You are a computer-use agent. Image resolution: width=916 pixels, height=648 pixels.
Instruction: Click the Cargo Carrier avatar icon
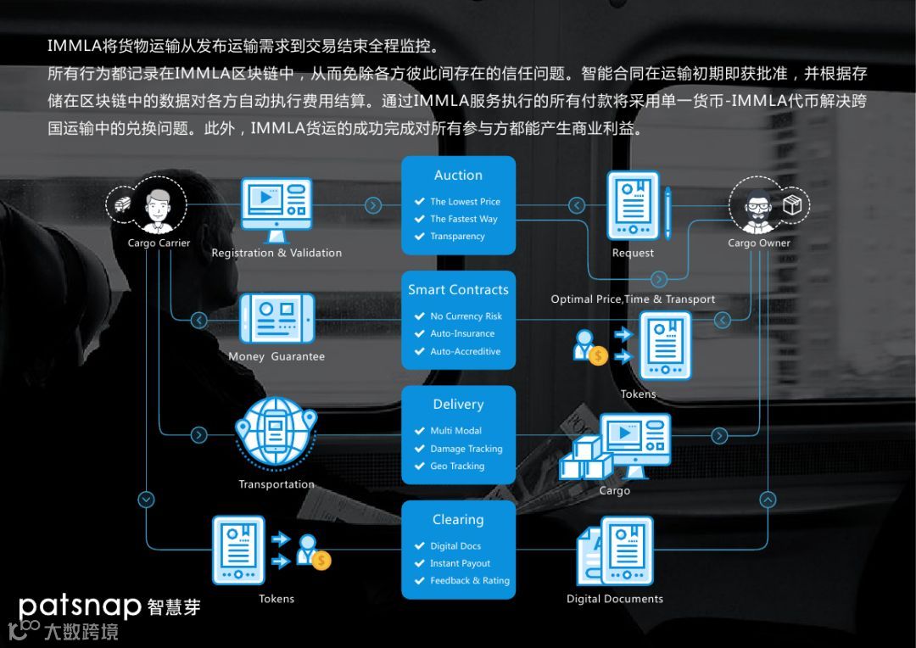(158, 205)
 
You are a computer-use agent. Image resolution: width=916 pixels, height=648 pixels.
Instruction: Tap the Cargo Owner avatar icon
(758, 205)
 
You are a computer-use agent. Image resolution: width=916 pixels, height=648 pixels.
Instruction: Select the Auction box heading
(458, 176)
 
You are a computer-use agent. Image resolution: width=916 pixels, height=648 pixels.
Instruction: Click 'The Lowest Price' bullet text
(465, 202)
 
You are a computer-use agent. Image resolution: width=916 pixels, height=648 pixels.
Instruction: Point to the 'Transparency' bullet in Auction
(457, 237)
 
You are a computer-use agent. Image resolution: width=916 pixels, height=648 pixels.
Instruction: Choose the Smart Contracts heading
(458, 290)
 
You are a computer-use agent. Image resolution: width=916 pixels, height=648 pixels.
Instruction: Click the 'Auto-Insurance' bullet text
(462, 334)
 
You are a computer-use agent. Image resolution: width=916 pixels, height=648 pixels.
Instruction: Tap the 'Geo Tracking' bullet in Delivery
(457, 466)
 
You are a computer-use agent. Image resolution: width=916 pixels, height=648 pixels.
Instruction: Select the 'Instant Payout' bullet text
(460, 564)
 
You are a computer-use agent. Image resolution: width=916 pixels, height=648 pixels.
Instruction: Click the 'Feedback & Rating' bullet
(470, 581)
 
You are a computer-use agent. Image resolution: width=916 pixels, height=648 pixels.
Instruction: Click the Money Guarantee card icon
(276, 319)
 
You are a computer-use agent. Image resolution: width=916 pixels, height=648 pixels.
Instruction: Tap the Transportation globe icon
(276, 434)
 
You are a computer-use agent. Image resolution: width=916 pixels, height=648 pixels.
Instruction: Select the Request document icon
(634, 206)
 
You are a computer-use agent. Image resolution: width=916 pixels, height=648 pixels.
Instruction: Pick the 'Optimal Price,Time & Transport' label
(633, 299)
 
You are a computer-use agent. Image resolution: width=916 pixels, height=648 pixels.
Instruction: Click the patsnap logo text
(79, 606)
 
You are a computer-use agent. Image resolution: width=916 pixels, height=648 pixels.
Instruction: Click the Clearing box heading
(458, 520)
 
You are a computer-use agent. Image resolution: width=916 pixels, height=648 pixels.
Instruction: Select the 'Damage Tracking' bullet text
(466, 449)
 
